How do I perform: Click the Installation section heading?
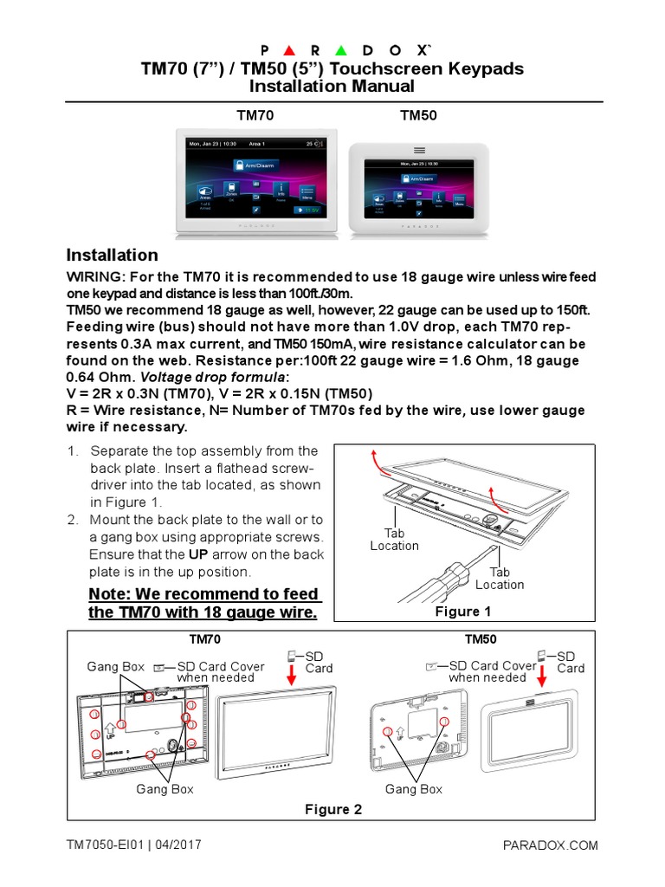click(113, 255)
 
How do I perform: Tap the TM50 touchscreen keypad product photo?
click(422, 186)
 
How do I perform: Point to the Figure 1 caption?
click(462, 612)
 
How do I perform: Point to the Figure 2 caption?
click(333, 809)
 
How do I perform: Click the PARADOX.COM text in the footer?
click(550, 845)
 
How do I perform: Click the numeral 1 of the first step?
click(73, 451)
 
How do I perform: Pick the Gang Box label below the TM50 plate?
click(414, 789)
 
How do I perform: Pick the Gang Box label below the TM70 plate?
click(165, 789)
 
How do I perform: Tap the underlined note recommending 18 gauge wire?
click(204, 604)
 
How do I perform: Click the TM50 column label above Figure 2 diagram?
click(481, 639)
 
